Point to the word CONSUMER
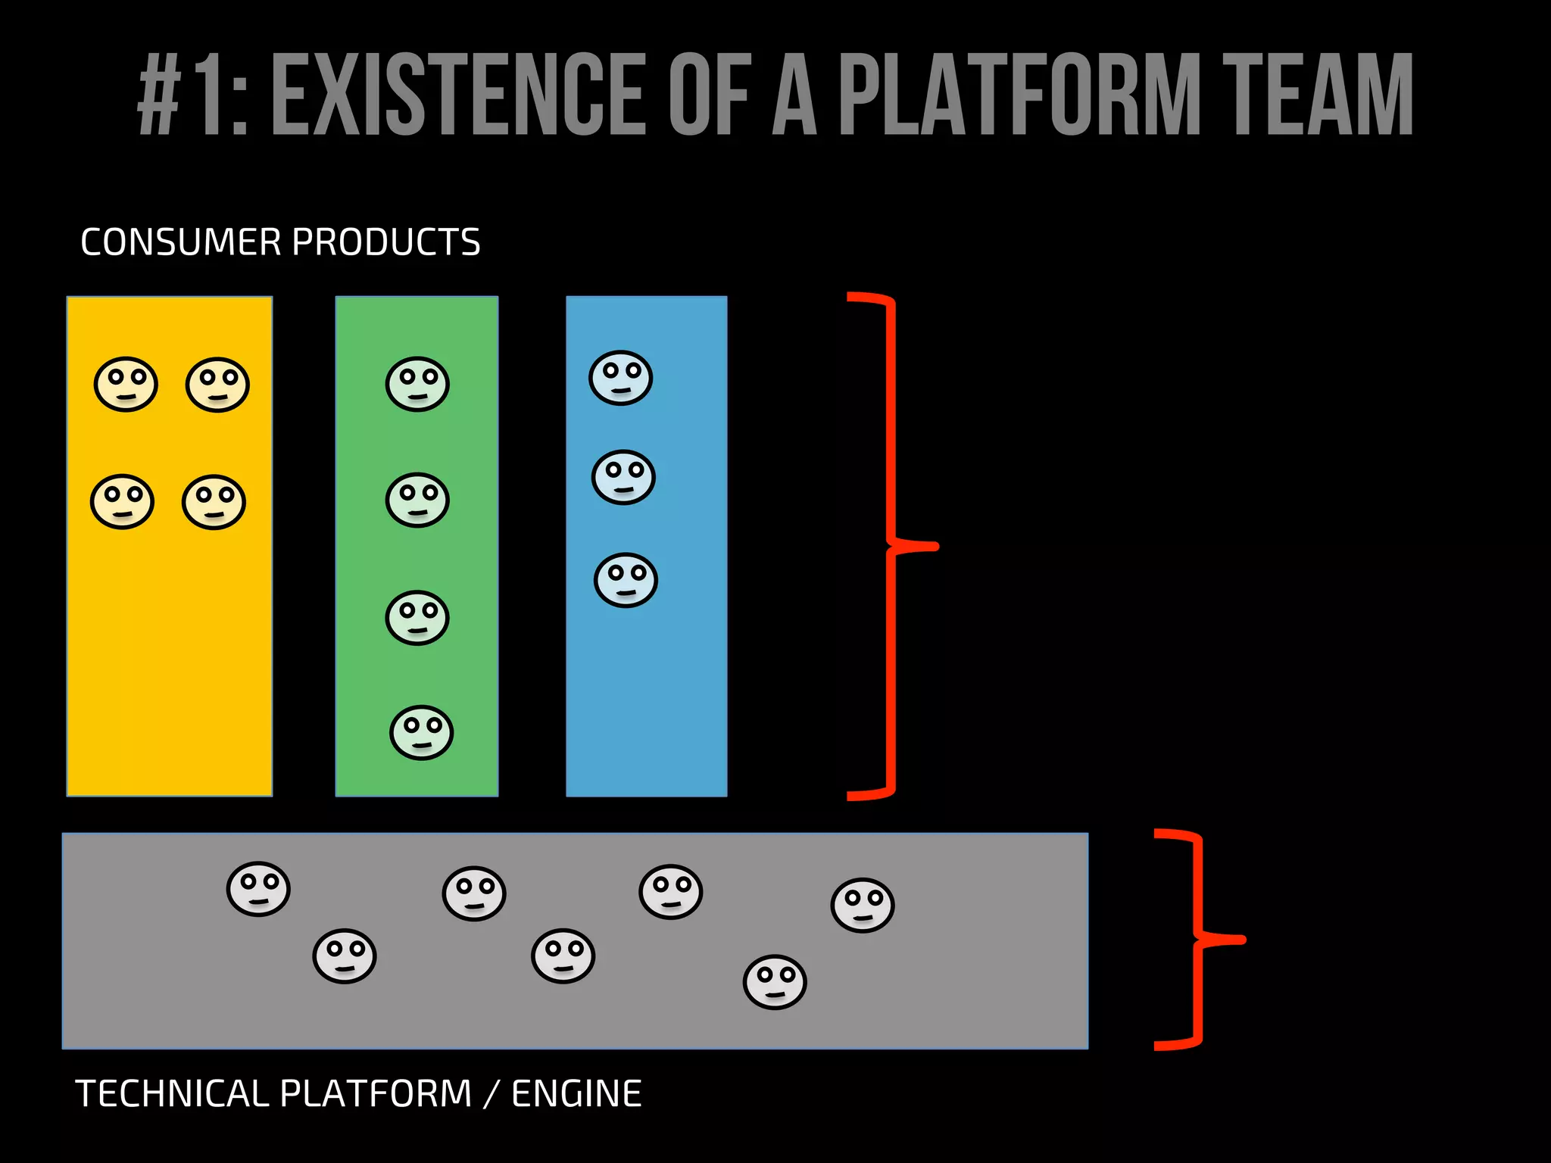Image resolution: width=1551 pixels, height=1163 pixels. tap(181, 242)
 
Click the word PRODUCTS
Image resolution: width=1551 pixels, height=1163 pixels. tap(386, 242)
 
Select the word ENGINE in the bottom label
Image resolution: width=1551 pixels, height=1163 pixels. tap(576, 1094)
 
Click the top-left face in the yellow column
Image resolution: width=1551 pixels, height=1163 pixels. tap(126, 384)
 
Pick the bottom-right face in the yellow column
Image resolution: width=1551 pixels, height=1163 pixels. tap(214, 502)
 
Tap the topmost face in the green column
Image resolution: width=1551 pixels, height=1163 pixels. tap(417, 384)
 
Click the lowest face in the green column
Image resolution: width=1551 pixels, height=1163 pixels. tap(421, 732)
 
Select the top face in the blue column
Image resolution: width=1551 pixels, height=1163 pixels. tap(620, 378)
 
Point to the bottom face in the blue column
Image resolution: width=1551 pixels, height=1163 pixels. tap(626, 580)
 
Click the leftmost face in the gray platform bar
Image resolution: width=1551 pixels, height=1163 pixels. tap(258, 889)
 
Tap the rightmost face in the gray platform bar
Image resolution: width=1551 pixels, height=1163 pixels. tap(863, 905)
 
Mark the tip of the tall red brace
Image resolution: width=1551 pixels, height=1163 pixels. tap(936, 546)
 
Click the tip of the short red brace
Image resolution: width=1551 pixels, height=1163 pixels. tap(1243, 940)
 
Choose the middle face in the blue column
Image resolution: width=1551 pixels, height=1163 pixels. tap(623, 477)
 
